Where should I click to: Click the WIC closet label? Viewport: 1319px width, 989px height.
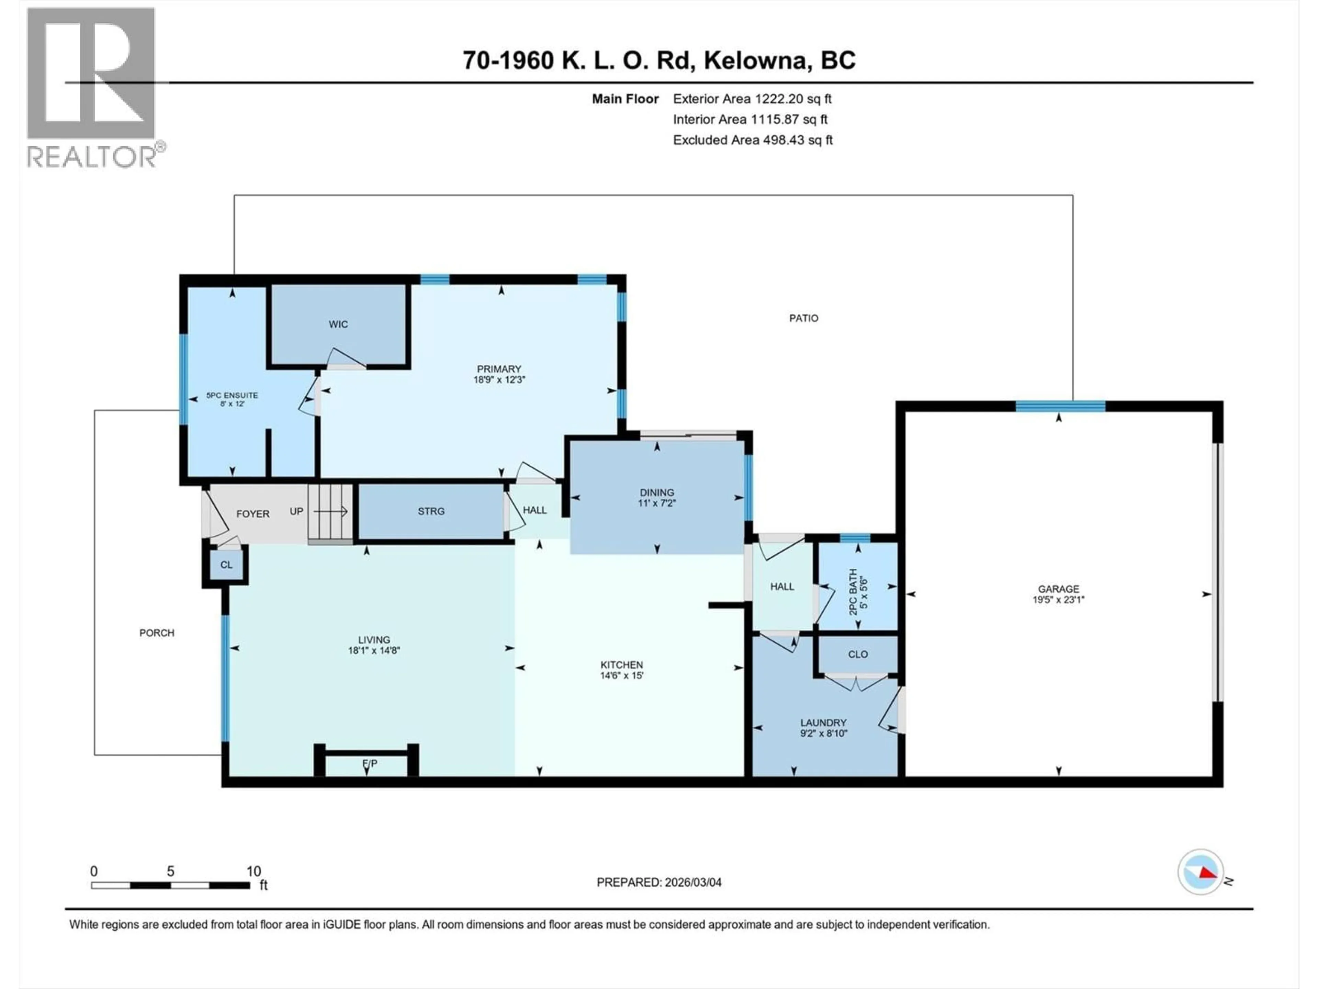(x=338, y=324)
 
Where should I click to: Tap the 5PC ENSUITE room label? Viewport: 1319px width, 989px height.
(x=232, y=395)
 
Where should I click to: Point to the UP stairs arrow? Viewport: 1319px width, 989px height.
(x=331, y=511)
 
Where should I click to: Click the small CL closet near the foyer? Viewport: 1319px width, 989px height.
(x=226, y=565)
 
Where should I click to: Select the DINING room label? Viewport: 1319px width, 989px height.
(x=656, y=492)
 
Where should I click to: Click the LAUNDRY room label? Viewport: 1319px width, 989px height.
(x=823, y=723)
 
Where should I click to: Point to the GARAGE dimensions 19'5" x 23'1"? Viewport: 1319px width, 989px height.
(x=1058, y=600)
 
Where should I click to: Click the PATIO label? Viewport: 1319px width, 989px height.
(x=803, y=318)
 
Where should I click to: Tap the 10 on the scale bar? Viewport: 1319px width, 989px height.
(x=253, y=871)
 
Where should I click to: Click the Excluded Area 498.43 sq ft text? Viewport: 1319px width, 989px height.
(x=753, y=140)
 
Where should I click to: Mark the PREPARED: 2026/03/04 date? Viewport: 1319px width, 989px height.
(x=659, y=882)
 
